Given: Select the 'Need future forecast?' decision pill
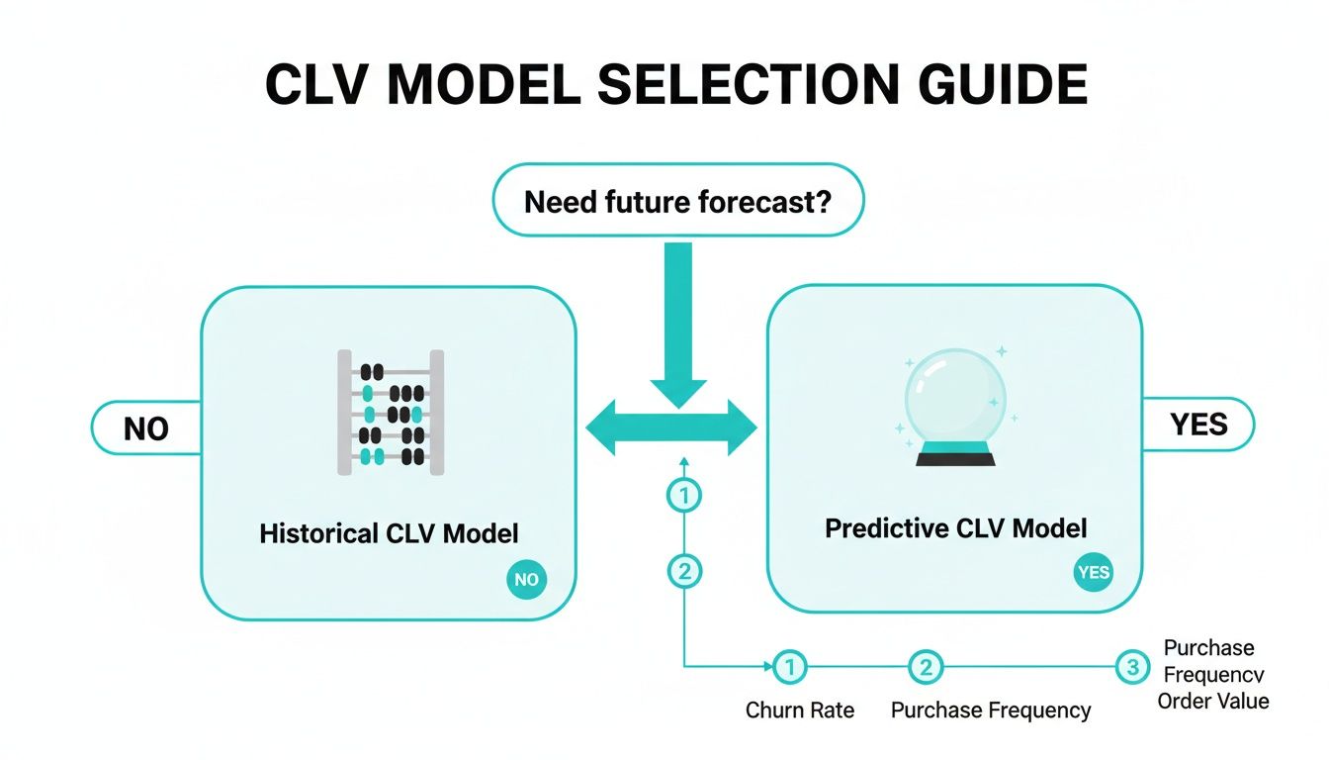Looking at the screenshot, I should coord(677,201).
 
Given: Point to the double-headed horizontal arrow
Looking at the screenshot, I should coord(671,428).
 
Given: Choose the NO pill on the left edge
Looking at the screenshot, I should coord(146,428).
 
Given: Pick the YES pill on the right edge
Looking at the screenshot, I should coord(1198,425).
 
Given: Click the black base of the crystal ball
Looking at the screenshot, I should coord(955,458).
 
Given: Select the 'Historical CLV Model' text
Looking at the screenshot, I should coord(389,533).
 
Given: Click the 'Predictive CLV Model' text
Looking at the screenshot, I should coord(955,528).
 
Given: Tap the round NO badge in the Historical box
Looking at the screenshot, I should coord(526,580).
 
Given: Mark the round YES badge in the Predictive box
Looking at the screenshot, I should coord(1093,572).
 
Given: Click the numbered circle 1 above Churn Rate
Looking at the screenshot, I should coord(788,668).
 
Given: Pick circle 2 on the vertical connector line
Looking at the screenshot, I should coord(683,570).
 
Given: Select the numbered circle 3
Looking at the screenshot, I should coord(1133,667).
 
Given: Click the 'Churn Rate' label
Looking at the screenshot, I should coord(800,711).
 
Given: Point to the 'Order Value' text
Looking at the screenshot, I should coord(1213,701).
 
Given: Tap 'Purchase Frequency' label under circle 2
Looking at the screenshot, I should coord(991,711).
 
